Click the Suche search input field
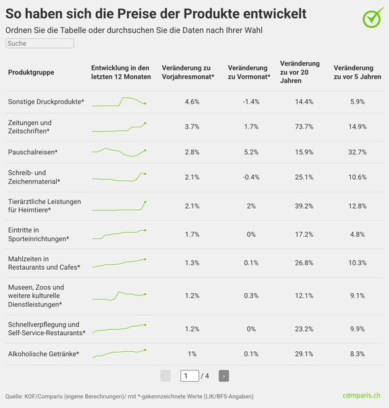point(40,44)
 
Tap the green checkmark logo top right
point(372,17)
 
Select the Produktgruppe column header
point(31,72)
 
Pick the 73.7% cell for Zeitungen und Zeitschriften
point(304,127)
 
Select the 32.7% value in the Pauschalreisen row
point(357,152)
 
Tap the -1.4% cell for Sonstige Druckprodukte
point(251,101)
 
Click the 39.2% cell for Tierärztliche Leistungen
point(304,206)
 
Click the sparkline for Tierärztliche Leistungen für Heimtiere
point(119,206)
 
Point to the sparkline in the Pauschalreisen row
point(119,152)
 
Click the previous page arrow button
point(165,376)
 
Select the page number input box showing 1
point(190,376)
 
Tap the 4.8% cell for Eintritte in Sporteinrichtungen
point(357,235)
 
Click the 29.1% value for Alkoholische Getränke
point(304,354)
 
